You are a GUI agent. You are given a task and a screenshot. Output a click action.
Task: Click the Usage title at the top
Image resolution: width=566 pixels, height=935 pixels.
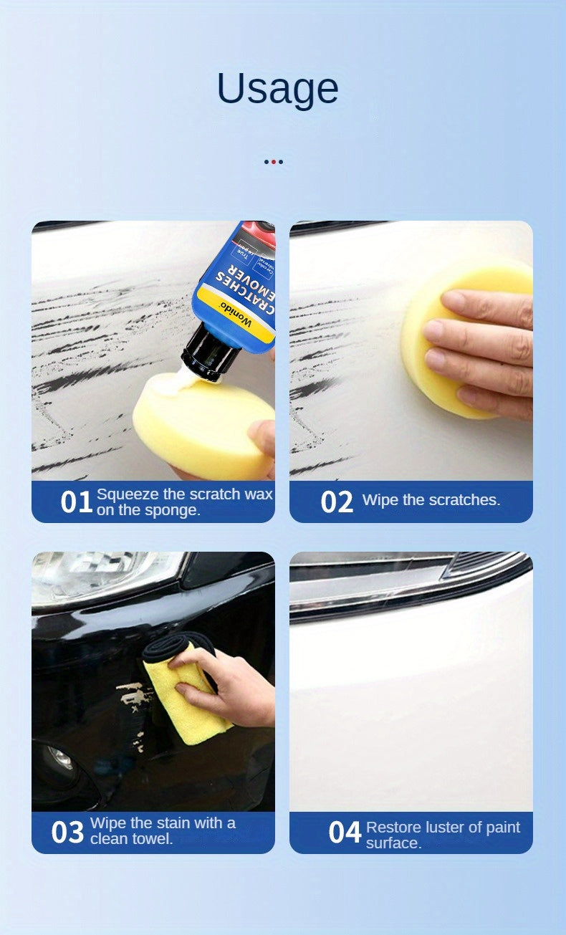277,89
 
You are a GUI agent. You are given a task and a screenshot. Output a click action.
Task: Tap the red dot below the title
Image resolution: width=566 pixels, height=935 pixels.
273,162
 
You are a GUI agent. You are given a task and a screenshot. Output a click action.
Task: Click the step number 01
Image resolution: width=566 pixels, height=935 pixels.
76,502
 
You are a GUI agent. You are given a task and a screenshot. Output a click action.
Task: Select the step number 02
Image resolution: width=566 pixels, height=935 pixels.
337,502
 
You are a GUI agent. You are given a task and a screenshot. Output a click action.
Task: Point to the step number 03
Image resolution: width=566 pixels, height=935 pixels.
67,833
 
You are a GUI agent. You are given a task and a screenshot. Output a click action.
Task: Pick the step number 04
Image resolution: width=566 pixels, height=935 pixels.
345,833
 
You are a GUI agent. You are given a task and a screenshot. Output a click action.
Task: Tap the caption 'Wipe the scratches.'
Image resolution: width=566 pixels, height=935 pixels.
431,500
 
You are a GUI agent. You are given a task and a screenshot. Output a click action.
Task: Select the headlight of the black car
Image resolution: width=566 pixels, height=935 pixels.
100,577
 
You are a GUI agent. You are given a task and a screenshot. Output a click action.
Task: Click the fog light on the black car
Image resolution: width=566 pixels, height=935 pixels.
61,759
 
